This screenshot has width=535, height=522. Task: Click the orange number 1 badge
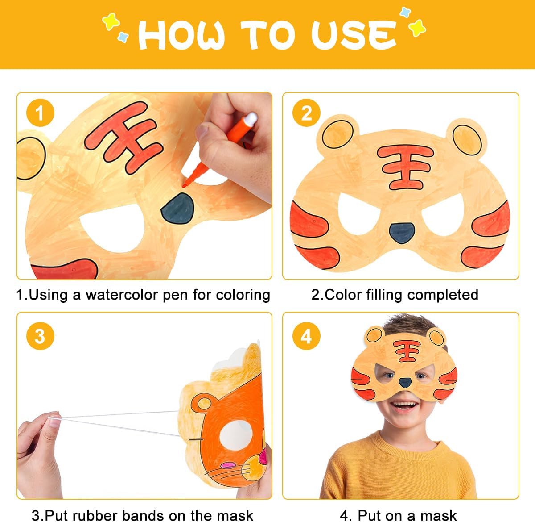pos(40,113)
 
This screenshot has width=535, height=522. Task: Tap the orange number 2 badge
pos(306,113)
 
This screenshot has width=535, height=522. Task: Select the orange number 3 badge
pos(40,336)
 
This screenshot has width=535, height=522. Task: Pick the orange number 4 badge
pos(306,336)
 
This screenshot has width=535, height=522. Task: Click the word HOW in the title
pos(181,35)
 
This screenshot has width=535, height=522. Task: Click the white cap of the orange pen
pos(251,119)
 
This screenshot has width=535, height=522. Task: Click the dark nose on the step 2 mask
pos(402,233)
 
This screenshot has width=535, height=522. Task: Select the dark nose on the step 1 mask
pos(178,208)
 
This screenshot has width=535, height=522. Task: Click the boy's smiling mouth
pos(404,406)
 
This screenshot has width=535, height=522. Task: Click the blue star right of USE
pos(405,12)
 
